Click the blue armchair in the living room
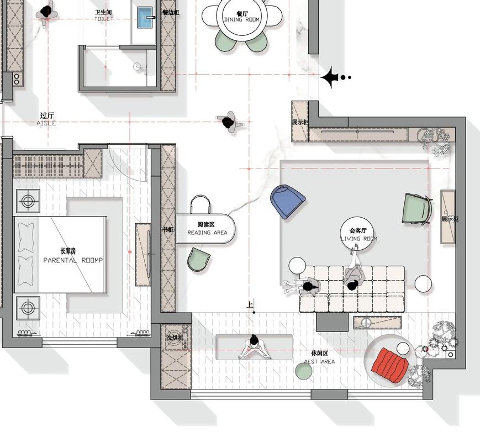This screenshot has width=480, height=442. (x=287, y=202)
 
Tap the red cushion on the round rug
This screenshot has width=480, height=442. (x=391, y=365)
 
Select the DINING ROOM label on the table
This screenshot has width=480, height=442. (x=242, y=19)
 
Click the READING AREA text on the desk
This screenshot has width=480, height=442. (x=207, y=233)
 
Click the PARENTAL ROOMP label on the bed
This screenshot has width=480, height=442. (x=73, y=260)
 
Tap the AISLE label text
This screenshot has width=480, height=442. (x=46, y=123)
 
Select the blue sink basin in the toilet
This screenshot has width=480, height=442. (x=145, y=18)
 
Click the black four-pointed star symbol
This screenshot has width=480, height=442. (x=330, y=78)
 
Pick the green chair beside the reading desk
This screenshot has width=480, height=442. (x=199, y=260)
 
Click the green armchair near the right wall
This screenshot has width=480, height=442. (x=416, y=209)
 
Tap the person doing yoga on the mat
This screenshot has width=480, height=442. (x=254, y=348)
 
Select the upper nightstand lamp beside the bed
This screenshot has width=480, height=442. (x=28, y=201)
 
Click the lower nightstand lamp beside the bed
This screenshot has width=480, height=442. (x=28, y=308)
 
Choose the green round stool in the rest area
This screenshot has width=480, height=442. (x=304, y=371)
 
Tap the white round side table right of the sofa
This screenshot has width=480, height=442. (x=423, y=283)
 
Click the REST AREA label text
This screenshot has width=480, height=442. (x=319, y=362)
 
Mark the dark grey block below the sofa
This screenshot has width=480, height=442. (x=333, y=322)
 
